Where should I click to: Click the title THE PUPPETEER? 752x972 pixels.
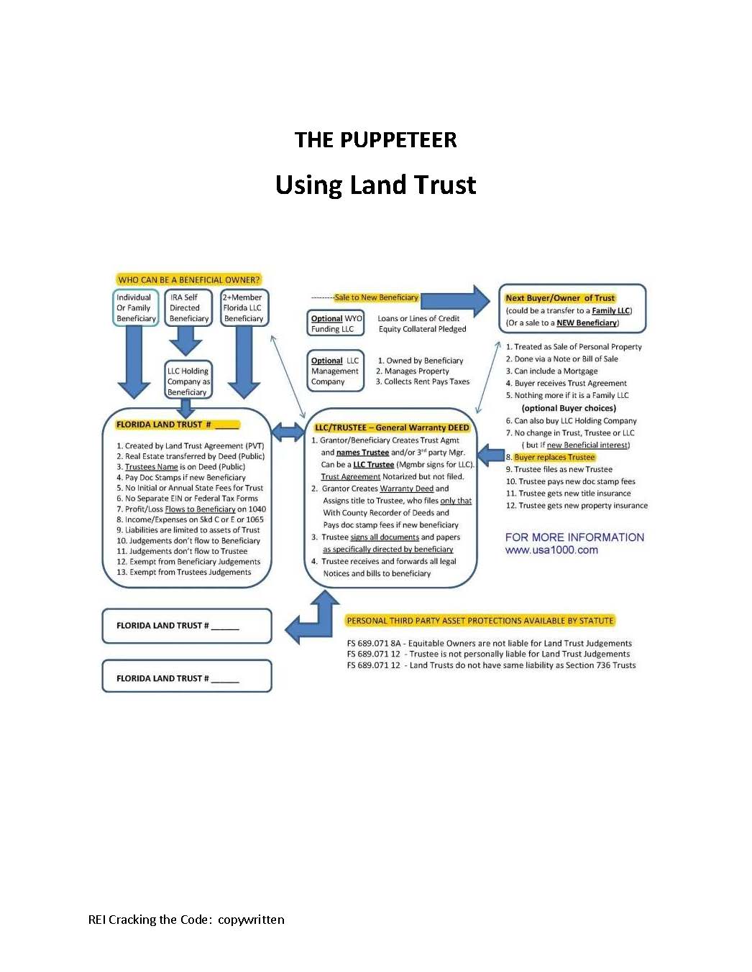click(x=375, y=139)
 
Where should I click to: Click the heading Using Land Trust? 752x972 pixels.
click(x=375, y=185)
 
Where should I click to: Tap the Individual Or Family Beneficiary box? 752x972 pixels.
click(x=136, y=307)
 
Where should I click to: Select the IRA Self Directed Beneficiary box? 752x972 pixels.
click(x=188, y=307)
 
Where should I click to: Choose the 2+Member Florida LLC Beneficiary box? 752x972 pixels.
click(x=243, y=307)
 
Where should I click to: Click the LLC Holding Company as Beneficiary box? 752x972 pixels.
click(x=188, y=381)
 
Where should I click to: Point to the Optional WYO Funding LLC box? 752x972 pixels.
click(x=336, y=323)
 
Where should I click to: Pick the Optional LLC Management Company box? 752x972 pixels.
click(x=335, y=371)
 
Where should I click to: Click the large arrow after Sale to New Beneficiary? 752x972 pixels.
click(x=456, y=300)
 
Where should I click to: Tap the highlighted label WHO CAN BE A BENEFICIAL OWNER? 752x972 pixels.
click(x=188, y=279)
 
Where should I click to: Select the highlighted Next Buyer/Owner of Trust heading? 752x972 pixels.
click(x=560, y=297)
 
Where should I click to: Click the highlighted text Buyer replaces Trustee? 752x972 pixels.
click(x=554, y=457)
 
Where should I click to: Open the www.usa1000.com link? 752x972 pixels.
click(x=551, y=550)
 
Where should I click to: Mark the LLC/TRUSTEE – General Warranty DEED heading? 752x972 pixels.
click(x=392, y=427)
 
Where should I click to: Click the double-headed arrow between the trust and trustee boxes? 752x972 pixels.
click(x=288, y=432)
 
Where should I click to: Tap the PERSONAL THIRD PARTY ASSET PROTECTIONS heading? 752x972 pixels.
click(x=480, y=621)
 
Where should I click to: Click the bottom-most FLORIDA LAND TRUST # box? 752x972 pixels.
click(x=187, y=677)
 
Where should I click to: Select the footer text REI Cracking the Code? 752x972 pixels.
click(x=186, y=920)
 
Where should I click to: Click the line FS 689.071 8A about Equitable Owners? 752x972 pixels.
click(x=489, y=643)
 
